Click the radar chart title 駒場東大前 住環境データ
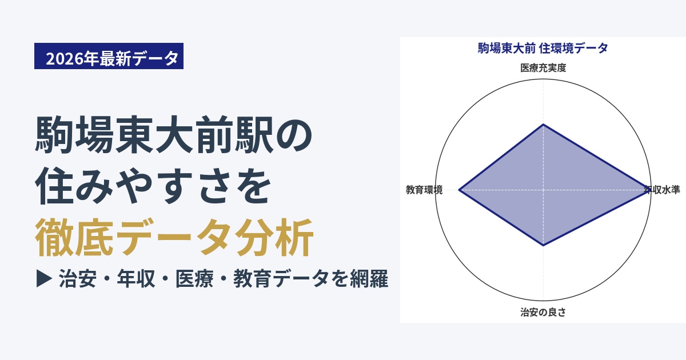(543, 49)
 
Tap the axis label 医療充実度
(543, 68)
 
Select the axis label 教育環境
(424, 190)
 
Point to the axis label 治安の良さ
(543, 312)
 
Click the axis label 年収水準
(662, 190)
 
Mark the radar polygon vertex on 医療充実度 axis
(543, 125)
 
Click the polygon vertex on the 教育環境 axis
(459, 190)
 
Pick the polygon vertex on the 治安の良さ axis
(543, 246)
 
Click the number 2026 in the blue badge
(65, 58)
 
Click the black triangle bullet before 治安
(44, 279)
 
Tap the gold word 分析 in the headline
(274, 237)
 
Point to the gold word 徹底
(74, 237)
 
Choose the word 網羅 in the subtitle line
(369, 279)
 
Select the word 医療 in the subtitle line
(194, 279)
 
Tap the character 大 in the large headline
(174, 134)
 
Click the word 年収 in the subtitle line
(135, 279)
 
